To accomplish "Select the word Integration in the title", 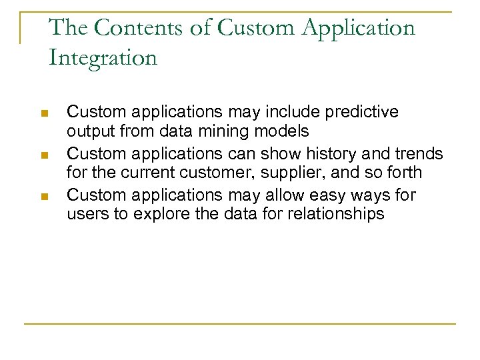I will click(103, 57).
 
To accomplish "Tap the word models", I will click(283, 131).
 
